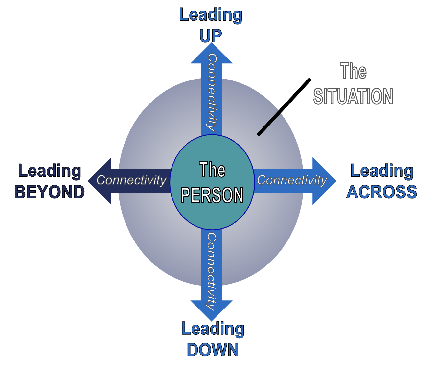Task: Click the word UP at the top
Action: click(x=211, y=35)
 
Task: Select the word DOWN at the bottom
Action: click(x=213, y=350)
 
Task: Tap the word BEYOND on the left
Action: click(x=50, y=192)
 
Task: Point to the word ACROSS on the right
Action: click(x=382, y=192)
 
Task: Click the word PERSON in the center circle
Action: click(x=212, y=195)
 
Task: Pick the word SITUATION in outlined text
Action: click(x=353, y=96)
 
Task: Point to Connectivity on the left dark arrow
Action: click(x=131, y=180)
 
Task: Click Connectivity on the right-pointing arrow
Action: click(x=292, y=180)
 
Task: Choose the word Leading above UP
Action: click(x=211, y=15)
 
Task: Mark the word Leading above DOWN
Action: click(x=213, y=329)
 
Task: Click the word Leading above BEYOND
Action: click(x=50, y=171)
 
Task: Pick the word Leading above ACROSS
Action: click(x=382, y=171)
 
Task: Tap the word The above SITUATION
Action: click(x=353, y=71)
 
